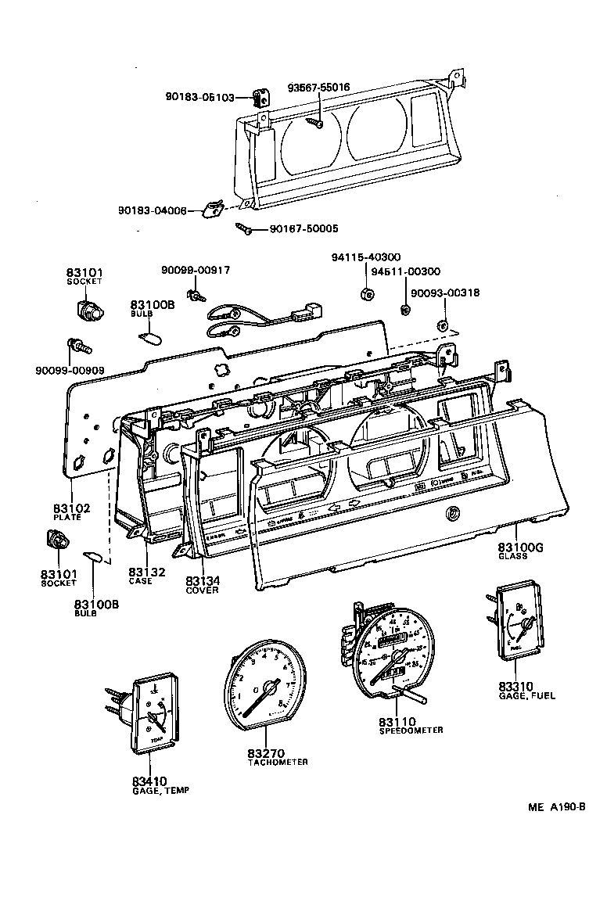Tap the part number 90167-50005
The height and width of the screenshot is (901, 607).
[303, 229]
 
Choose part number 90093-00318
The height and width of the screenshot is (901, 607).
[447, 293]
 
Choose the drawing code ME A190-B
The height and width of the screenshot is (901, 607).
[551, 807]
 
